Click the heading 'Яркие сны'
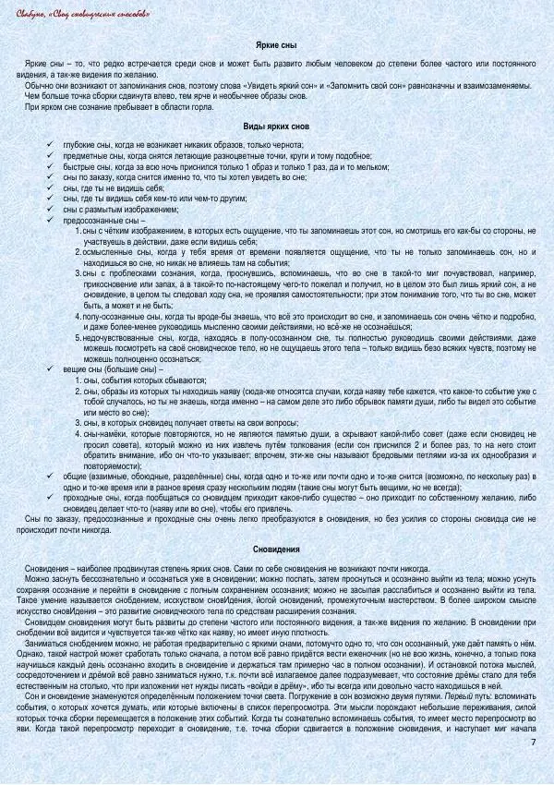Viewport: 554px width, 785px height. click(276, 44)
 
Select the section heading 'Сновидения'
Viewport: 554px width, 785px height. click(276, 549)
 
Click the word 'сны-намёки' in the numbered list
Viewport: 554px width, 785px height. click(103, 432)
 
